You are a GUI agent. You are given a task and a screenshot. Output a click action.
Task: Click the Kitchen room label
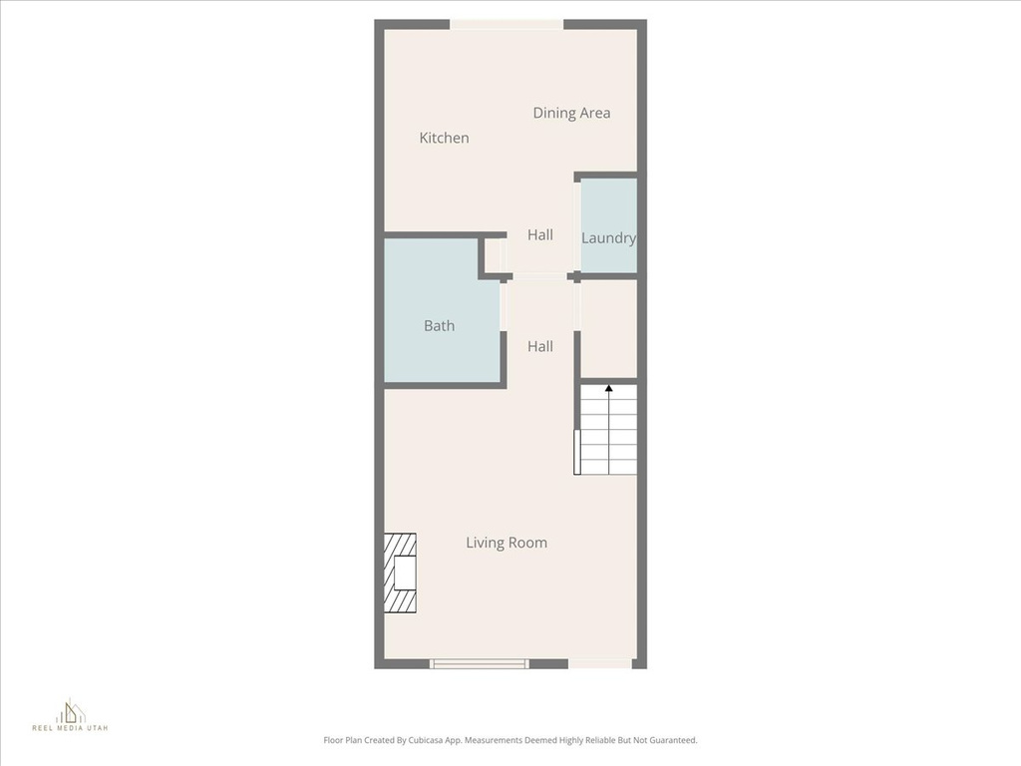tap(444, 138)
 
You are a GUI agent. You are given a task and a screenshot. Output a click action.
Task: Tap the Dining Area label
tap(571, 113)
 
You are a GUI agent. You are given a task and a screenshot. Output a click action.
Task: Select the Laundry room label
tap(608, 238)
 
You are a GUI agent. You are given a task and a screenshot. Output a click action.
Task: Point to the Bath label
tap(439, 325)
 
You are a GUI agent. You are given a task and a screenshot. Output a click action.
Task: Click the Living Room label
tap(507, 543)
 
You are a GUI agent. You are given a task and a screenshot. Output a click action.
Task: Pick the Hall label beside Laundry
tap(540, 234)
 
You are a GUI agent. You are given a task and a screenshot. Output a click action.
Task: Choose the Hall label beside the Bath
tap(540, 346)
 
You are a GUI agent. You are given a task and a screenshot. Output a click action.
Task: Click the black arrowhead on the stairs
tap(608, 387)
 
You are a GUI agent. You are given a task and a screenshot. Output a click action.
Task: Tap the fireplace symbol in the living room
tap(401, 574)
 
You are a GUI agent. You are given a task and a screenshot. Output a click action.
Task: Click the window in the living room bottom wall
tap(479, 663)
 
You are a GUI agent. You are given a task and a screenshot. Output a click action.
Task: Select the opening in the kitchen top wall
tap(507, 24)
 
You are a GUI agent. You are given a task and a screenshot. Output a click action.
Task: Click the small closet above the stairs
tap(608, 329)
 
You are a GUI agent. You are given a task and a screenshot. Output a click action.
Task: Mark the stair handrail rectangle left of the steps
tap(577, 451)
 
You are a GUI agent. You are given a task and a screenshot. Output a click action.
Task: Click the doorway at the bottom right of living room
tap(600, 663)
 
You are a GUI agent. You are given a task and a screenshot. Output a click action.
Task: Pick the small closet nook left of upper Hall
tap(494, 255)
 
